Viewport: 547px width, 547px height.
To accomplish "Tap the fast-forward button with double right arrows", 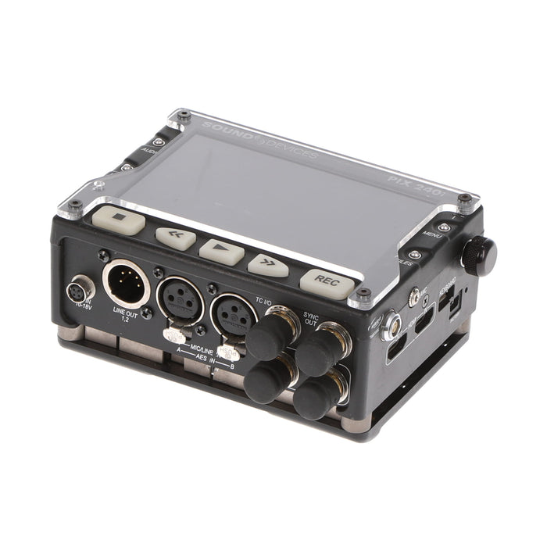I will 267,265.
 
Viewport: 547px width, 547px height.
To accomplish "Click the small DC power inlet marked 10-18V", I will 81,290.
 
